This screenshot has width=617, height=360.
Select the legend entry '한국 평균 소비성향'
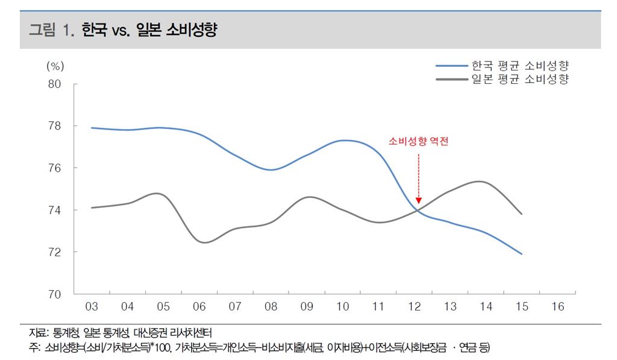pos(520,65)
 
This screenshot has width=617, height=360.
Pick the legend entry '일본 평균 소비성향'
pos(520,79)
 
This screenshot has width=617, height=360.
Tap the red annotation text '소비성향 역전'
pos(419,142)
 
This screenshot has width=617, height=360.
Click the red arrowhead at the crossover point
pos(419,200)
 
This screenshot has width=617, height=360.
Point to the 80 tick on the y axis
pos(54,84)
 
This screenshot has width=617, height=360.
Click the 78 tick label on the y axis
pos(54,126)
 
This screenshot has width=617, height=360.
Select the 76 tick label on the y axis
pos(54,168)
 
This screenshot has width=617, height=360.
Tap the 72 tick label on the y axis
pos(54,251)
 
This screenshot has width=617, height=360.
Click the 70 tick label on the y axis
pos(54,294)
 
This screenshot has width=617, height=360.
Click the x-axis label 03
pos(92,307)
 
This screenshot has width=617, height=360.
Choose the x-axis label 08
pos(271,307)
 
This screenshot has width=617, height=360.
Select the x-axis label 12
pos(415,307)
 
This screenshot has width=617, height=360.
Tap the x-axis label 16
pos(558,307)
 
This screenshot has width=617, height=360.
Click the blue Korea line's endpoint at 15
pos(522,254)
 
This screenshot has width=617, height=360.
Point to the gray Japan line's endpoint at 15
pos(522,214)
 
